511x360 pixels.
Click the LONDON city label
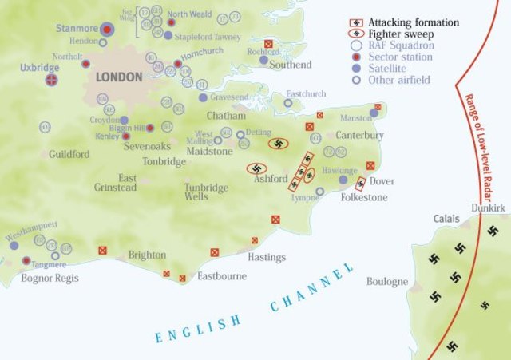(118, 77)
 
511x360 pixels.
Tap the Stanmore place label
(77, 29)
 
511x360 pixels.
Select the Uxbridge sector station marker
(52, 81)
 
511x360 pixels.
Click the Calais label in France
(447, 218)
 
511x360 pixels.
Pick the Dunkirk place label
(488, 208)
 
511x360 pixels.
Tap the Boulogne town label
(387, 282)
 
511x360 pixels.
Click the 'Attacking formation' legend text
(414, 22)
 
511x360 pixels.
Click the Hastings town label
(267, 257)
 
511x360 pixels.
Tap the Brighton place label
(147, 255)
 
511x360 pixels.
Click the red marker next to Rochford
(268, 44)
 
